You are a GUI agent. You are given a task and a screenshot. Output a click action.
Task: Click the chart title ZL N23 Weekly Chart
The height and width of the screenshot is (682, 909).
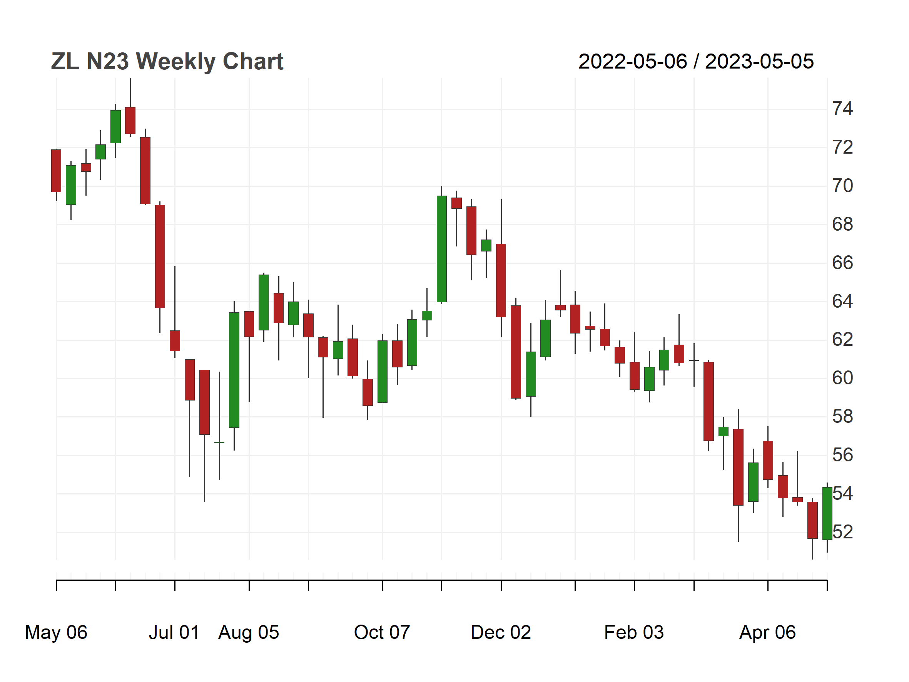pyautogui.click(x=167, y=62)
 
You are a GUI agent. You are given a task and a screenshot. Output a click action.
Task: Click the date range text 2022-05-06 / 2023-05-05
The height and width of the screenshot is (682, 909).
pyautogui.click(x=696, y=62)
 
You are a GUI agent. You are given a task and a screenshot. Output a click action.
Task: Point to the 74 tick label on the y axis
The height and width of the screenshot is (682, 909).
pyautogui.click(x=842, y=109)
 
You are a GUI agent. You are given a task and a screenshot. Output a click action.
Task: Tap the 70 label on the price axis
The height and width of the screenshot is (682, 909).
pyautogui.click(x=842, y=186)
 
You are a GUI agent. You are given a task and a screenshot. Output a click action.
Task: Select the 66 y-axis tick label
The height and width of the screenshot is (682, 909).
pyautogui.click(x=842, y=263)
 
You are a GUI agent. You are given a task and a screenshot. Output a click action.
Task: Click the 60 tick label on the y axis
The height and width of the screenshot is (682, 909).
pyautogui.click(x=842, y=378)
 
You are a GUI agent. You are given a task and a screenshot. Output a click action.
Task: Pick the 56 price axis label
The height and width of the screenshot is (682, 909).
pyautogui.click(x=842, y=455)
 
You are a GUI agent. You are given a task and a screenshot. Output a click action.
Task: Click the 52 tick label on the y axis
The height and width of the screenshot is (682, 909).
pyautogui.click(x=842, y=532)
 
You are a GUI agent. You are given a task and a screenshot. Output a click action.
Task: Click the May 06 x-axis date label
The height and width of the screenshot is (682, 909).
pyautogui.click(x=56, y=632)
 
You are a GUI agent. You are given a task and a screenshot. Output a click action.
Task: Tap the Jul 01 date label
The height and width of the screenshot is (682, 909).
pyautogui.click(x=174, y=632)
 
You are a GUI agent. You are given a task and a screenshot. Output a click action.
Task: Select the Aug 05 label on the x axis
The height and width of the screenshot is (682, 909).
pyautogui.click(x=249, y=632)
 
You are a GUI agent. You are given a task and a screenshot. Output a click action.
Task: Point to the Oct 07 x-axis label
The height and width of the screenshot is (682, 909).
pyautogui.click(x=382, y=632)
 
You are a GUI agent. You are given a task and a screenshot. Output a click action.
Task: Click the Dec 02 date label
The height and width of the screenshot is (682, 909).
pyautogui.click(x=501, y=632)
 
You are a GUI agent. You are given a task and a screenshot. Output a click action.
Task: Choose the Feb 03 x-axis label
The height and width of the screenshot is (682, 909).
pyautogui.click(x=634, y=632)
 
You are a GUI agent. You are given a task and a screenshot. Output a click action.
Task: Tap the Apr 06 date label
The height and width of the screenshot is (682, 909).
pyautogui.click(x=768, y=632)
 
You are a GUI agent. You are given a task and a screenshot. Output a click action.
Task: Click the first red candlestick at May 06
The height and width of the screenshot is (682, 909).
pyautogui.click(x=56, y=171)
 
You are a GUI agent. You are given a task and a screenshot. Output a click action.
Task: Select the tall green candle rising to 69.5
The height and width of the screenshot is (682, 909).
pyautogui.click(x=442, y=249)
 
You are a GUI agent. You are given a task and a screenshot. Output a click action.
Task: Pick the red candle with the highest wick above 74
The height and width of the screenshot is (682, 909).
pyautogui.click(x=130, y=121)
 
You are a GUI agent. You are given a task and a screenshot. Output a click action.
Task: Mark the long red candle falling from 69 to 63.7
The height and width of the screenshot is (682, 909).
pyautogui.click(x=160, y=256)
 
